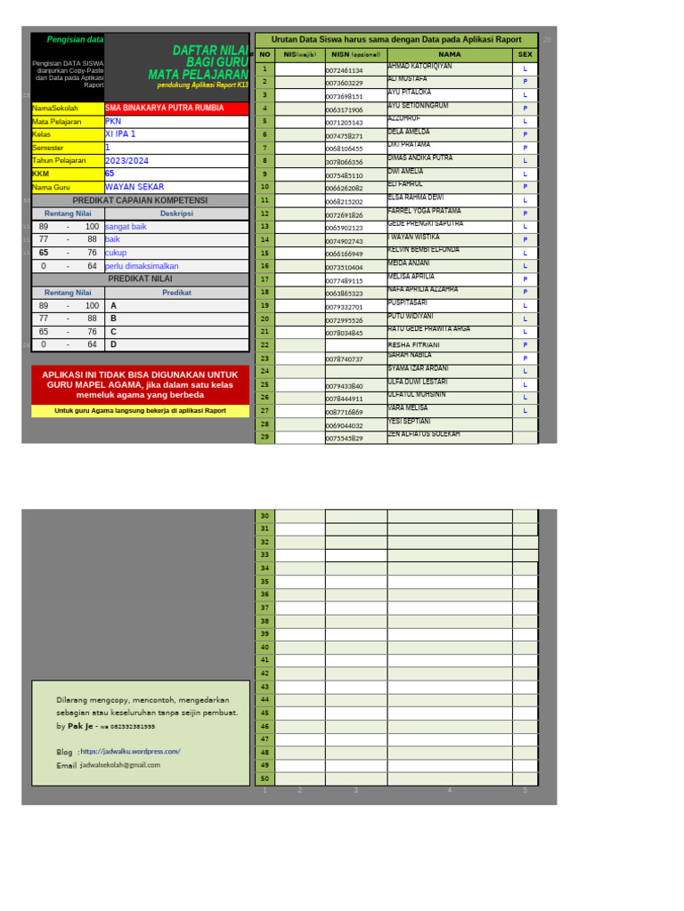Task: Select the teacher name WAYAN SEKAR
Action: click(134, 188)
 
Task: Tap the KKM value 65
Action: click(110, 174)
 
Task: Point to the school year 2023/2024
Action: click(127, 161)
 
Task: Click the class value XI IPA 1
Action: click(121, 134)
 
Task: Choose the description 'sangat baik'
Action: click(126, 227)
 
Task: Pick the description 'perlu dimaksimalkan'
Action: click(142, 266)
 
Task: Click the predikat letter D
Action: click(113, 344)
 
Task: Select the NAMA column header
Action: click(449, 54)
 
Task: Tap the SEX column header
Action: click(525, 54)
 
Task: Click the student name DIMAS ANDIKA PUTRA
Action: click(420, 157)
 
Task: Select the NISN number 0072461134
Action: click(345, 69)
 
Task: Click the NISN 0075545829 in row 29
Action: click(345, 439)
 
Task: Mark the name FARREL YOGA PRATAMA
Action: click(425, 211)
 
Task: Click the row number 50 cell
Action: click(265, 778)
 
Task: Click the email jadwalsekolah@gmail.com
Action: click(120, 764)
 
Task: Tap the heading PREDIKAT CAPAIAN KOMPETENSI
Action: click(140, 200)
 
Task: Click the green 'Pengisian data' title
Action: click(75, 40)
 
